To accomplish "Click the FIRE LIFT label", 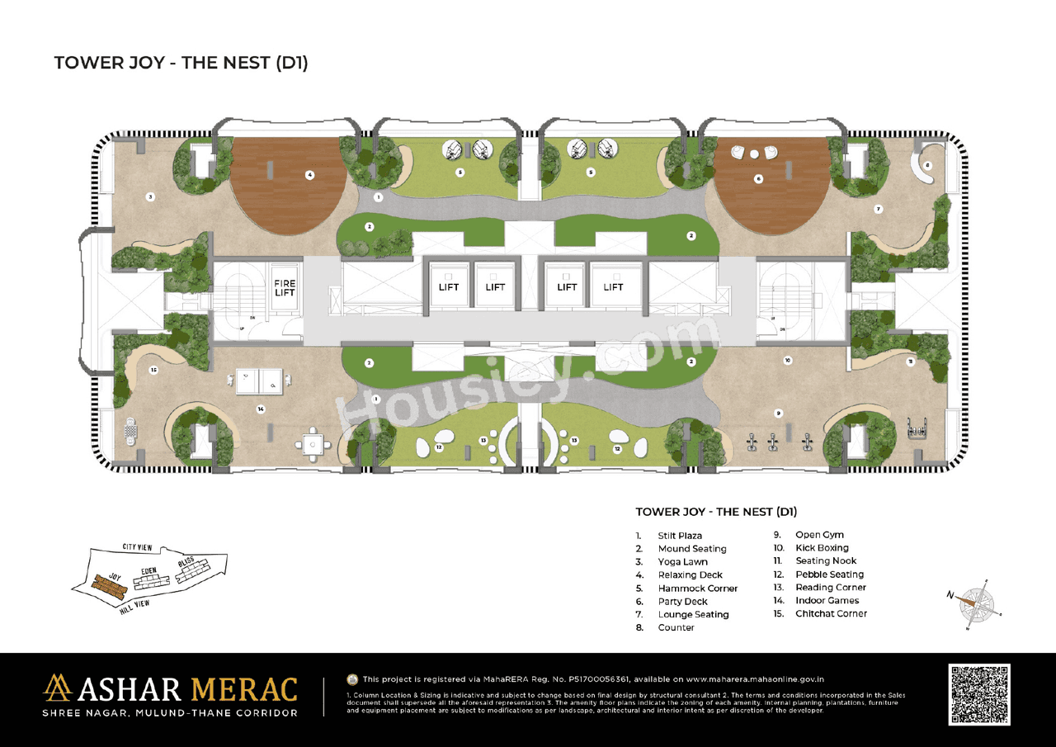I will pos(285,288).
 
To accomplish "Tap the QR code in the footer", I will pos(979,694).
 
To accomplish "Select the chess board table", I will pos(130,430).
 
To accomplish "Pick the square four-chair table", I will pos(313,444).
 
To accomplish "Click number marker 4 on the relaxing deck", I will pos(309,174).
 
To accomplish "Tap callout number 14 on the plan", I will pos(261,409).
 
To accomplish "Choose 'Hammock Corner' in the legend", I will pos(697,589).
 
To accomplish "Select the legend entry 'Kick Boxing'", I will pos(822,548).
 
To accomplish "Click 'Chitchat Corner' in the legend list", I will pos(831,613).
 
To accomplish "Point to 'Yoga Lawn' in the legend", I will pos(682,562).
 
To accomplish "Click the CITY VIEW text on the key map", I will pos(140,547).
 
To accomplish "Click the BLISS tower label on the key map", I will pos(186,563).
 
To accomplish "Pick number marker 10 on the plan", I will pos(788,361).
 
